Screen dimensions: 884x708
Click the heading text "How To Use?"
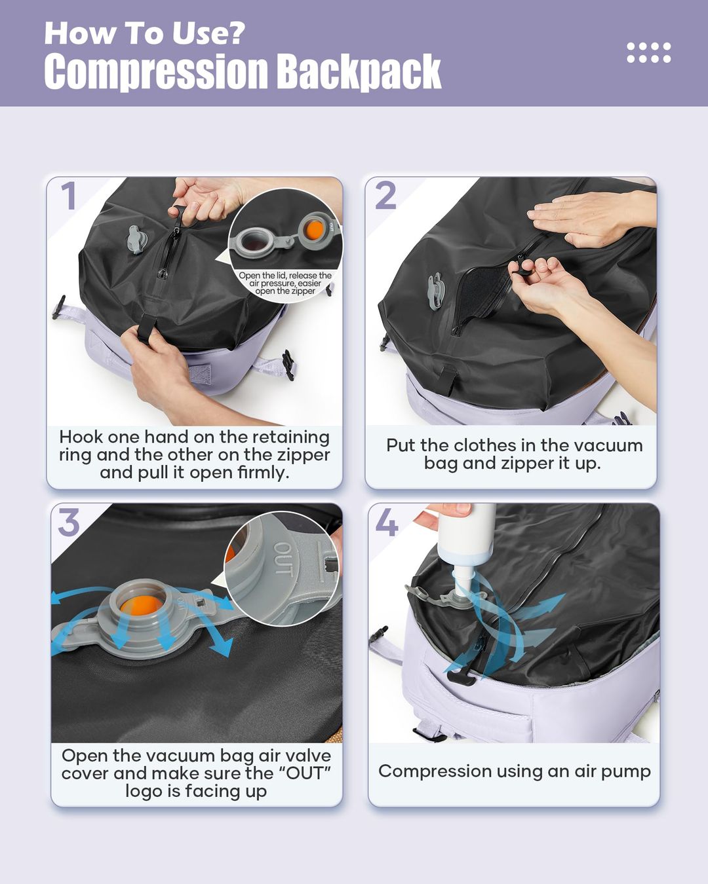point(144,33)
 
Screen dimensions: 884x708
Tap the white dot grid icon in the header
point(648,52)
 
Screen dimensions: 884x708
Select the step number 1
point(69,196)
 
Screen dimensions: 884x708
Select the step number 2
point(385,196)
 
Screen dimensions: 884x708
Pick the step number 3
point(69,522)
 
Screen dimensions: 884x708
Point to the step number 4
point(387,522)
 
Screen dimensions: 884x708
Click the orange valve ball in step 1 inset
point(315,230)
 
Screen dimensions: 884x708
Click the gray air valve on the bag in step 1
point(135,239)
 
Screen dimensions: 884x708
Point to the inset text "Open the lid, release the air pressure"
point(285,280)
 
